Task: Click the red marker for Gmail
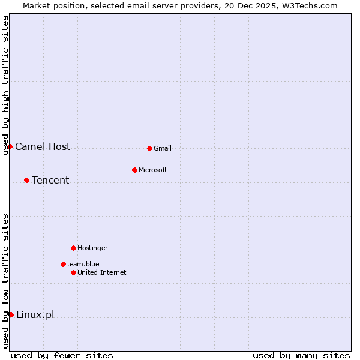(149, 148)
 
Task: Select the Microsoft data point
(134, 170)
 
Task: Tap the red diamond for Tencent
(26, 180)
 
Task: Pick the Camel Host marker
(10, 146)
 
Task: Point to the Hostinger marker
(73, 248)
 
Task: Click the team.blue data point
(63, 264)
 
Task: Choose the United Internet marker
(73, 272)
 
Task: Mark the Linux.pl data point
(11, 314)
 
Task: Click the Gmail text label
(163, 148)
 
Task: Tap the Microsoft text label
(153, 170)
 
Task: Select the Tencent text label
(50, 180)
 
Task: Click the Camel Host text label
(43, 146)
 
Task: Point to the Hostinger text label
(93, 248)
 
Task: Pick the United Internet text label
(102, 272)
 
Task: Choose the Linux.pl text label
(35, 314)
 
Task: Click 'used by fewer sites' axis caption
(62, 355)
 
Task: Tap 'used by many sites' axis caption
(301, 355)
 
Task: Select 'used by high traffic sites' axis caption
(5, 85)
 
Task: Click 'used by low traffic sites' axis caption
(5, 281)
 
